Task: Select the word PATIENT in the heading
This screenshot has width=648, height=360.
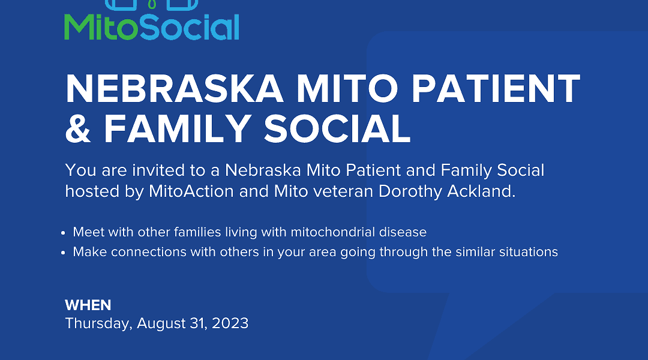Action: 496,89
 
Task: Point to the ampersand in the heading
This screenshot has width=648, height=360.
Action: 78,128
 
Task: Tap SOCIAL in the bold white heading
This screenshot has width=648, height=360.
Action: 337,128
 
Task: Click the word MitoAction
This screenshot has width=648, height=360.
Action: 191,191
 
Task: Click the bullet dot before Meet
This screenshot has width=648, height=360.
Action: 63,233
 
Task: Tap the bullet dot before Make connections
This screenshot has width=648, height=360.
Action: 63,253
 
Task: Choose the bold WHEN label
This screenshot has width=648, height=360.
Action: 88,305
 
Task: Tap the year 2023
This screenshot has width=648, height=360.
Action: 230,323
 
